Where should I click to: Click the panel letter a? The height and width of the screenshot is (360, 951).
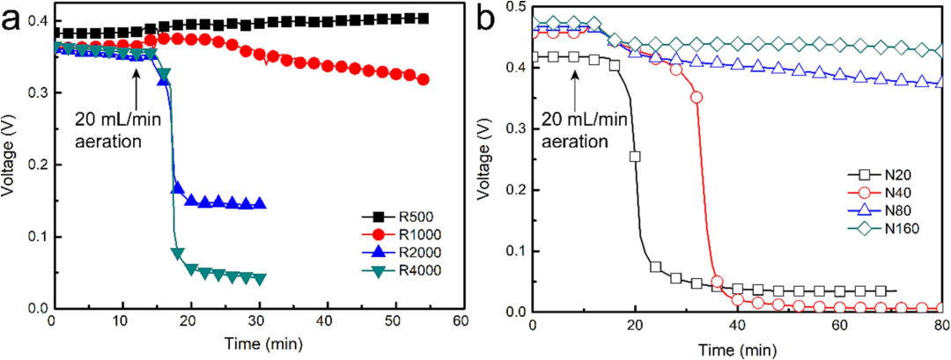(14, 20)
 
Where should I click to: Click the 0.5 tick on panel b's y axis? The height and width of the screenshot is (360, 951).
(512, 8)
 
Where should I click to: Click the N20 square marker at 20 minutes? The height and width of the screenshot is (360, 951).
(634, 157)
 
